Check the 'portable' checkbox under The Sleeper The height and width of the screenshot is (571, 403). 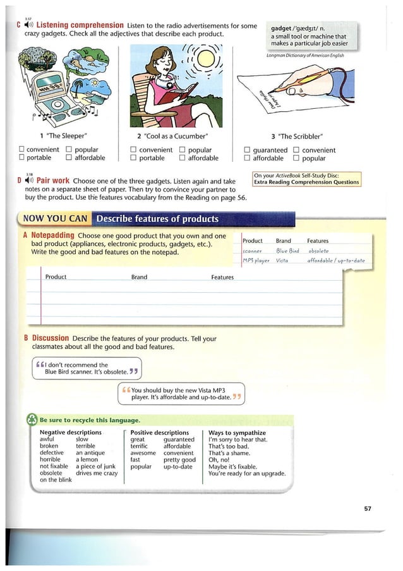tap(21, 158)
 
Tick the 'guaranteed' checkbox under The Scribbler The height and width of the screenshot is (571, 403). tap(248, 150)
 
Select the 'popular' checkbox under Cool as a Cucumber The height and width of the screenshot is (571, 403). tap(182, 150)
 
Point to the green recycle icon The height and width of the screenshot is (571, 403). tap(32, 420)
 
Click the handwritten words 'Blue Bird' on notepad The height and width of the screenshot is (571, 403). tap(287, 251)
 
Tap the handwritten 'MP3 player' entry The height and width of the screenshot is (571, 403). tap(256, 261)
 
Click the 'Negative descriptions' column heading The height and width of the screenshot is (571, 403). tap(70, 433)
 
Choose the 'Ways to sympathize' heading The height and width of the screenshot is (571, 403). tap(235, 433)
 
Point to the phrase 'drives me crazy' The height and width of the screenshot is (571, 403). tap(97, 473)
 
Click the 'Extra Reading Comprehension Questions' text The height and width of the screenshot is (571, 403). tap(306, 182)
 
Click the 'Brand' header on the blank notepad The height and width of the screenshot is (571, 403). tap(139, 277)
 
